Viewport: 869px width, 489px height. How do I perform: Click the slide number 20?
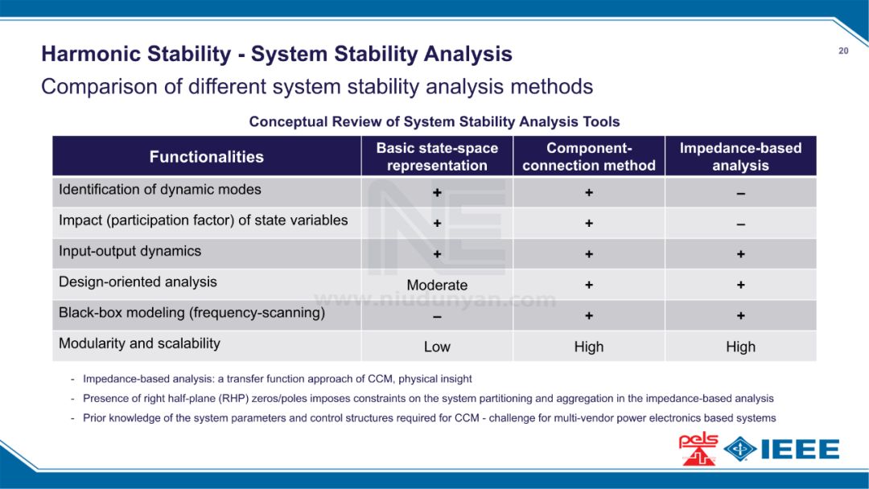[x=843, y=51]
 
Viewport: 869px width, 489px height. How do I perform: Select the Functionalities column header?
[x=206, y=157]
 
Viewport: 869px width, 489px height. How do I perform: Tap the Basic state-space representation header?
[x=437, y=157]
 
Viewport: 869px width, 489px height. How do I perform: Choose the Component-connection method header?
[x=588, y=157]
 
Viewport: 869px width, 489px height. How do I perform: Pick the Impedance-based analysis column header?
[x=740, y=157]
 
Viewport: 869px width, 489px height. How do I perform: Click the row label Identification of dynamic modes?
[x=159, y=189]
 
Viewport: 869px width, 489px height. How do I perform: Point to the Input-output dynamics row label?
[x=130, y=251]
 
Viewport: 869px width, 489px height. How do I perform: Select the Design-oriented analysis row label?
[x=138, y=281]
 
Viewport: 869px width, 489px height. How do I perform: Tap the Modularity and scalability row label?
[x=139, y=343]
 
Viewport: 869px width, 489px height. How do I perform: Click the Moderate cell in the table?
[x=437, y=286]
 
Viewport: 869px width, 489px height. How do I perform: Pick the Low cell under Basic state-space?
[x=437, y=347]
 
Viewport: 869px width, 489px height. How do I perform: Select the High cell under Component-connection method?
[x=588, y=347]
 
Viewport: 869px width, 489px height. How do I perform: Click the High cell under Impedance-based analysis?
[x=740, y=347]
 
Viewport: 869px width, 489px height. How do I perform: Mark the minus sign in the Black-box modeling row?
[x=437, y=317]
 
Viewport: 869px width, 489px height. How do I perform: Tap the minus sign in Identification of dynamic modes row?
[x=740, y=194]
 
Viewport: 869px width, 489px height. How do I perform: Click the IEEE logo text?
[x=801, y=449]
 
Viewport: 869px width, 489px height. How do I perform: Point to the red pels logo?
[x=698, y=449]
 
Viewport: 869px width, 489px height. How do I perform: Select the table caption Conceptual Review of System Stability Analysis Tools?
[x=434, y=121]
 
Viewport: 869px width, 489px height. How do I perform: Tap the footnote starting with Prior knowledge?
[x=430, y=418]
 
